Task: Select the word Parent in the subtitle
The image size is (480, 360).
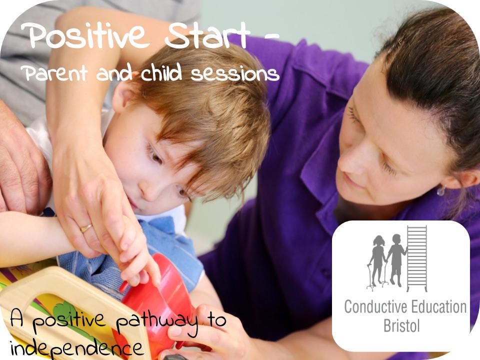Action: coord(55,73)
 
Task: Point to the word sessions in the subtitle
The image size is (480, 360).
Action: coord(235,74)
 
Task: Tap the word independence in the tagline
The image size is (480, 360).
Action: coord(76,348)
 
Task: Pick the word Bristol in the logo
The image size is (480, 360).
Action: coord(401,325)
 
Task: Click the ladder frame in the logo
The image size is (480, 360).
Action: coord(416,258)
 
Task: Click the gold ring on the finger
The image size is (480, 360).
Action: coord(85,228)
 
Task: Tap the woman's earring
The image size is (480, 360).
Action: coord(441,190)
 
